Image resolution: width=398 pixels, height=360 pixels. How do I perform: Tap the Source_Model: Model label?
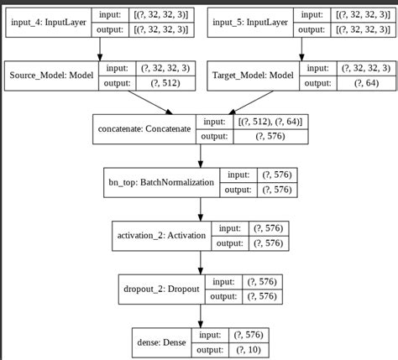(51, 75)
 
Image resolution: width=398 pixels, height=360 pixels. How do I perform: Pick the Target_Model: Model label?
(250, 75)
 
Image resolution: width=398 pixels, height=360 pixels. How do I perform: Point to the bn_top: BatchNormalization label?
(155, 181)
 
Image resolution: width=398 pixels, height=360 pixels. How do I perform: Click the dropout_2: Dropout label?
(160, 289)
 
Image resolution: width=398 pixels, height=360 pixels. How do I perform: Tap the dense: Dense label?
(160, 342)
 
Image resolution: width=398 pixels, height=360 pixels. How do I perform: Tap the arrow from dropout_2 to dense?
(199, 316)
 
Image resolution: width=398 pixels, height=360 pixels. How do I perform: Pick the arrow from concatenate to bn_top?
(199, 156)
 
